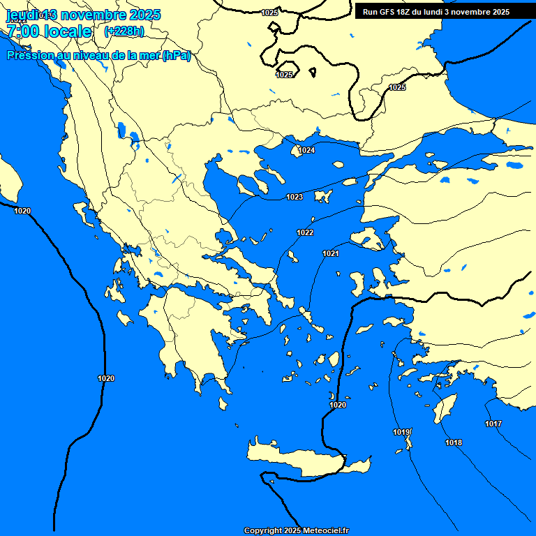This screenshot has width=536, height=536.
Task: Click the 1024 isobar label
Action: click(x=306, y=150)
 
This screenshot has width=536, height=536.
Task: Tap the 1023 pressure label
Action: click(x=295, y=198)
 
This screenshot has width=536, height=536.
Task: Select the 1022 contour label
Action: click(x=305, y=232)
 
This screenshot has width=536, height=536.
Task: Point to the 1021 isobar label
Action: click(x=331, y=253)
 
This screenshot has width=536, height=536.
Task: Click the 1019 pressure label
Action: click(x=401, y=432)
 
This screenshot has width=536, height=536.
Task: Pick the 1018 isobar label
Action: click(x=454, y=442)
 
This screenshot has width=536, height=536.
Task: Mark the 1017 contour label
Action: click(x=493, y=424)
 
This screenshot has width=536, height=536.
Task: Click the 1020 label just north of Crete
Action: click(x=338, y=405)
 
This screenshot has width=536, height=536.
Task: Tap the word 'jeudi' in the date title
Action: click(x=23, y=15)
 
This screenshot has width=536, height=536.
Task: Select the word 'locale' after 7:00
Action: click(x=67, y=31)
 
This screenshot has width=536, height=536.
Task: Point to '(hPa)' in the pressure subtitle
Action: click(x=176, y=56)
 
